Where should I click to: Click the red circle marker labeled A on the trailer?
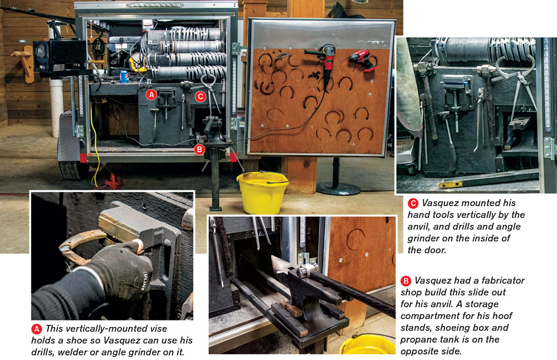pos(152,95)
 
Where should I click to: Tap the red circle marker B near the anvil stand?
pos(199,149)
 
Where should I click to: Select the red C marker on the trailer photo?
pos(201,96)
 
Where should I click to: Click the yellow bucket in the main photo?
pos(262,192)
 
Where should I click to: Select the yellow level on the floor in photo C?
pos(451,184)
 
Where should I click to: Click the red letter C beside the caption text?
pos(413,203)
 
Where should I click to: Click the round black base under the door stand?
pos(338,188)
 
